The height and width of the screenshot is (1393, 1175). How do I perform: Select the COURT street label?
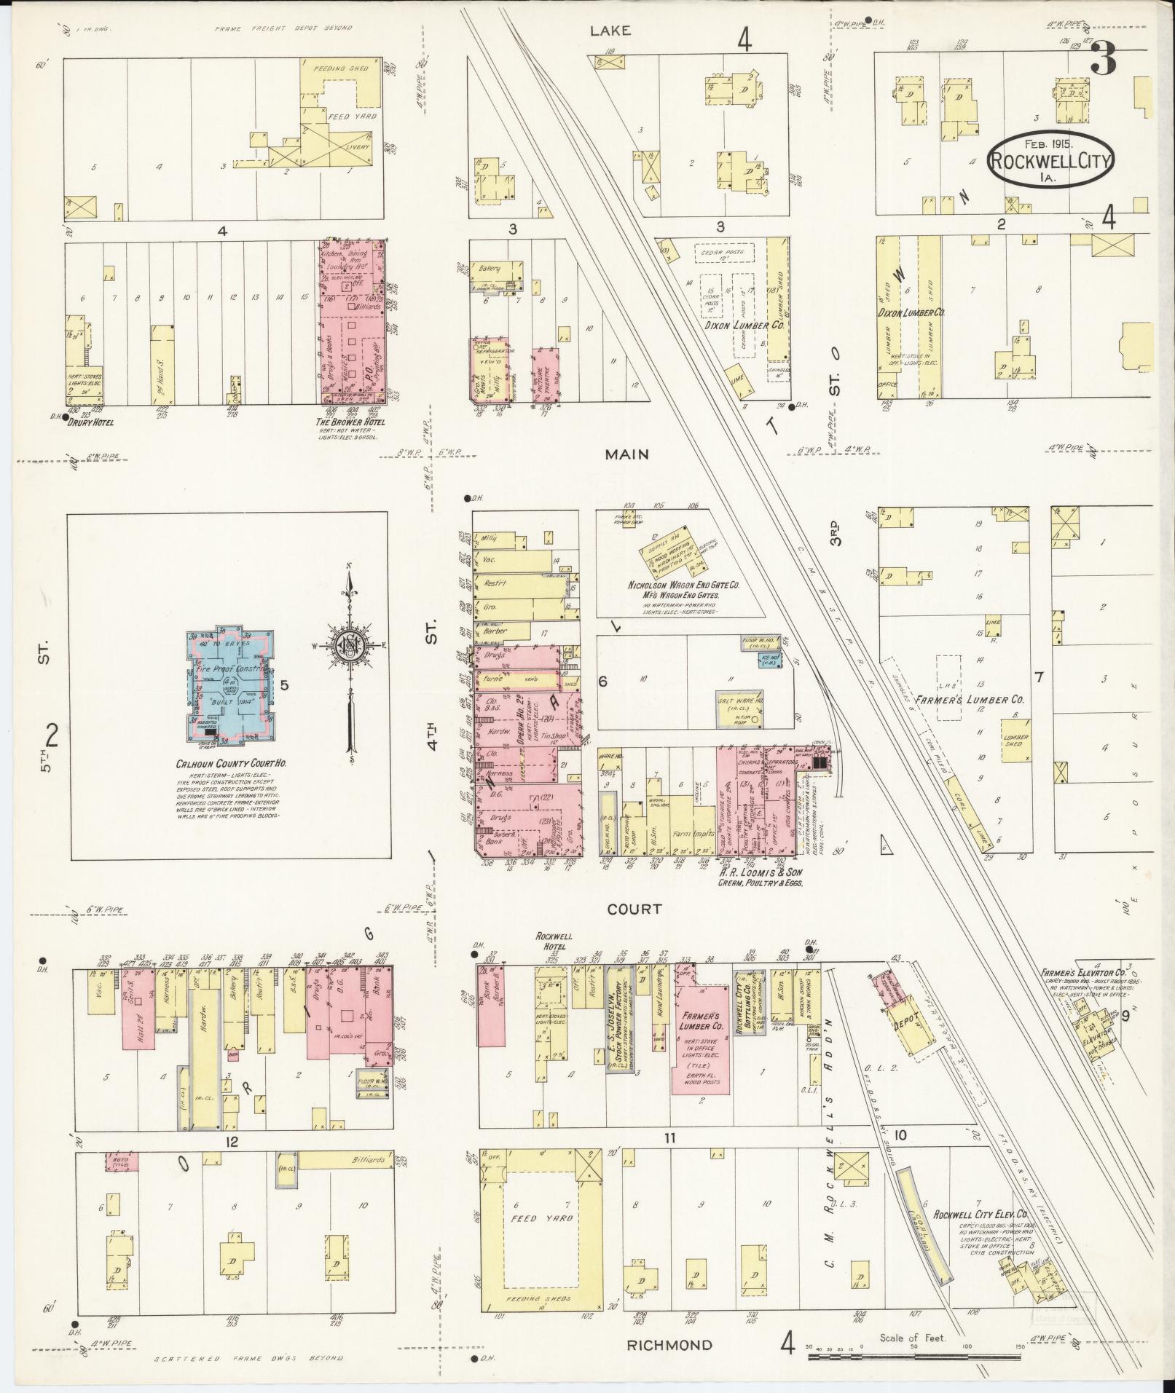pyautogui.click(x=636, y=909)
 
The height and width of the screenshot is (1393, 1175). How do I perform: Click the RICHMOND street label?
pyautogui.click(x=669, y=1345)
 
